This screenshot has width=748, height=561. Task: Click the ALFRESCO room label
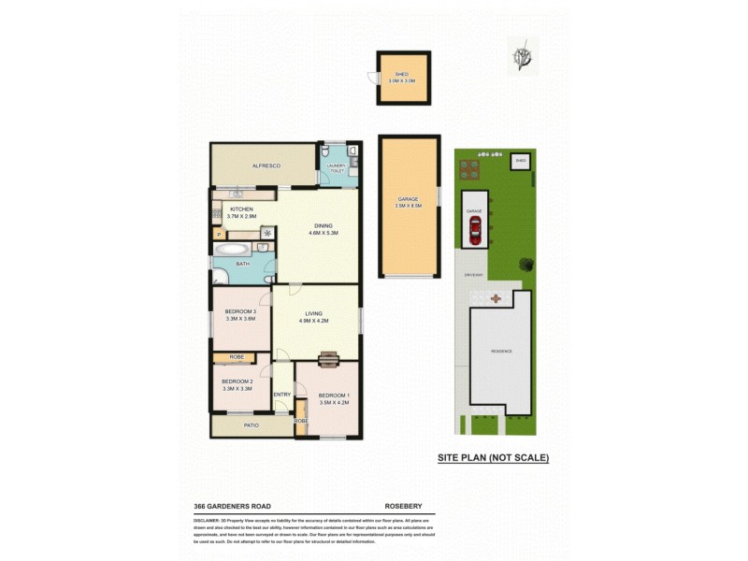[x=266, y=165]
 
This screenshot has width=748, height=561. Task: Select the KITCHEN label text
[x=242, y=209]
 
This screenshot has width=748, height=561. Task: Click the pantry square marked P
[x=219, y=234]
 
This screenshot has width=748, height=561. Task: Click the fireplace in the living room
[x=327, y=359]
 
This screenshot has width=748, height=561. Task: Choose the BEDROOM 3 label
[x=241, y=315]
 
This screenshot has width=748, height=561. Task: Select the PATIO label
[x=251, y=425]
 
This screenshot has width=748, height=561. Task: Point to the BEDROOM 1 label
[x=333, y=398]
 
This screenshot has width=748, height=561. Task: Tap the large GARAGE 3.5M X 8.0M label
[x=409, y=203]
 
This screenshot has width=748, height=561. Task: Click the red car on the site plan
[x=475, y=231]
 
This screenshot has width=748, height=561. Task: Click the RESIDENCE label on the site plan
[x=501, y=351]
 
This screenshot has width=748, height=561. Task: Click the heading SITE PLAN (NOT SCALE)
[x=494, y=458]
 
